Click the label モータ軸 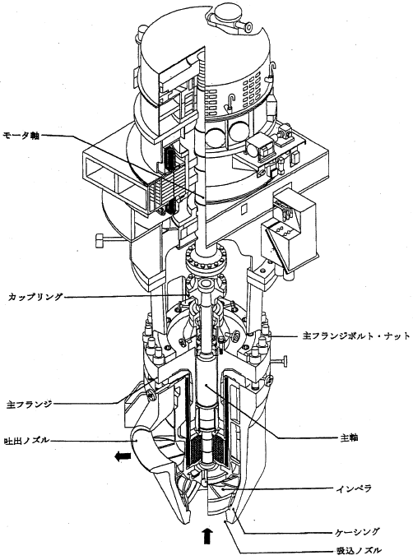(x=21, y=136)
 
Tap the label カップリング (x=35, y=296)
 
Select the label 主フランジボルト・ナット (x=356, y=336)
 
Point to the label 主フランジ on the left (x=30, y=404)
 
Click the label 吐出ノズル (x=26, y=441)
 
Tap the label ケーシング (x=356, y=532)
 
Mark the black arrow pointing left (x=123, y=456)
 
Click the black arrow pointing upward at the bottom (x=207, y=535)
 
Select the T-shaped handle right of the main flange (x=281, y=361)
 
